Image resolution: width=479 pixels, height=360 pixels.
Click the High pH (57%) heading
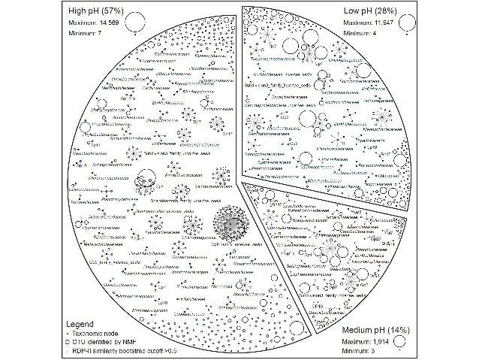(x=92, y=11)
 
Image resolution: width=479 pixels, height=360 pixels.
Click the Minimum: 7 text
(x=80, y=35)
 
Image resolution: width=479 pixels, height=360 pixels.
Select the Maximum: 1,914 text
(x=369, y=343)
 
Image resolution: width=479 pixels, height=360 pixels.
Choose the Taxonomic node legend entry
(x=98, y=333)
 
